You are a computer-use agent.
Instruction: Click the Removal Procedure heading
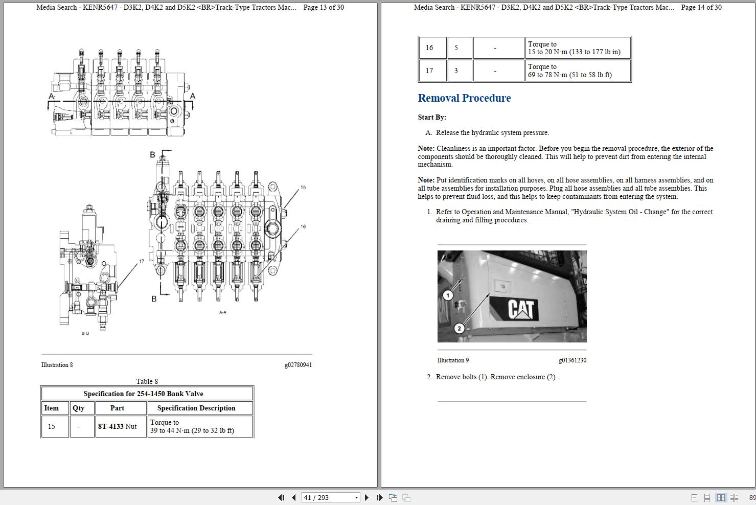pos(464,98)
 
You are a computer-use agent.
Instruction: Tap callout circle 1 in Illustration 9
pos(448,295)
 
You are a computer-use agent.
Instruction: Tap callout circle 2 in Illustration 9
pos(459,328)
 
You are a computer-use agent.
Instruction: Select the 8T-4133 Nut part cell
pos(118,426)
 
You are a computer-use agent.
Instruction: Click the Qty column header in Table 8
pos(78,408)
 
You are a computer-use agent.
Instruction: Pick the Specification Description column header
pos(196,408)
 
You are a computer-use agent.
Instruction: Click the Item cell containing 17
pos(429,71)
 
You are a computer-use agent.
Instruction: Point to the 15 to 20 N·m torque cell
pos(577,48)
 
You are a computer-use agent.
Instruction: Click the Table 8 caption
pos(147,381)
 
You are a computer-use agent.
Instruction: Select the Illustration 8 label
pos(57,365)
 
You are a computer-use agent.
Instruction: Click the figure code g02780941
pos(298,365)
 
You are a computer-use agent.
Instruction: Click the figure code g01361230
pos(572,360)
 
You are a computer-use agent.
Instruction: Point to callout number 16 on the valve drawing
pos(303,226)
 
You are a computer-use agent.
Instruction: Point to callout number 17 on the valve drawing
pos(142,261)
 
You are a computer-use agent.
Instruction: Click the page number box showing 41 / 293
pos(327,497)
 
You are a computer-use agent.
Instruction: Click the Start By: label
pos(432,117)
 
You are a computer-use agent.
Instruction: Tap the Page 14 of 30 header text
pos(701,7)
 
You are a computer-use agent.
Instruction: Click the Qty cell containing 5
pos(456,48)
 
